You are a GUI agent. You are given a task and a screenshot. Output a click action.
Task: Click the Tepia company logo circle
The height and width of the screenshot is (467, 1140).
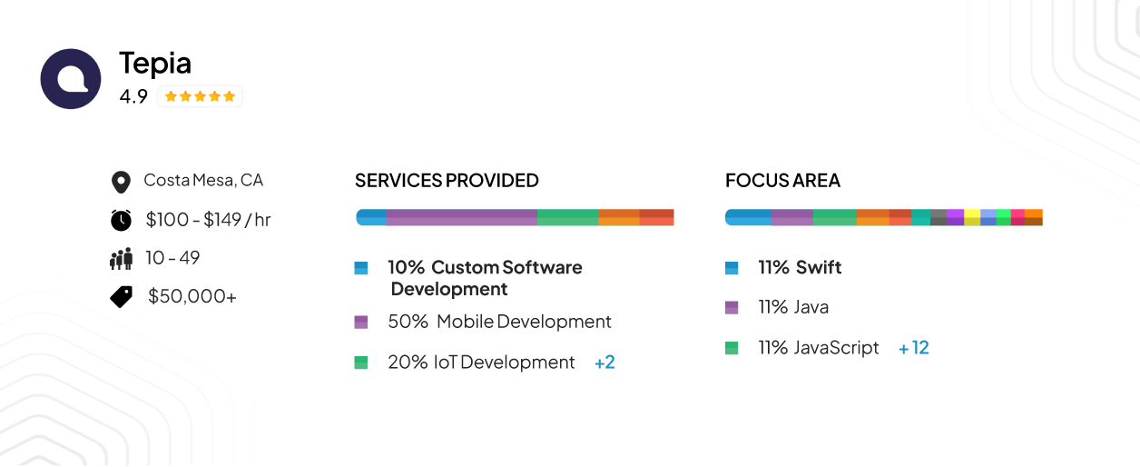71,79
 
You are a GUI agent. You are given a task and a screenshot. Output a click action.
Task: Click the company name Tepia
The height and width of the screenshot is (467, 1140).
155,63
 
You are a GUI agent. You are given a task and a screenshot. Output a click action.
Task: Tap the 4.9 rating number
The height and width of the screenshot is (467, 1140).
133,96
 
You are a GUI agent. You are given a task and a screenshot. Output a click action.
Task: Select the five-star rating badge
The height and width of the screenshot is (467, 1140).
200,96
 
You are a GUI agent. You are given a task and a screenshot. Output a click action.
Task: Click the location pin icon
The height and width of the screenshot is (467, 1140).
120,182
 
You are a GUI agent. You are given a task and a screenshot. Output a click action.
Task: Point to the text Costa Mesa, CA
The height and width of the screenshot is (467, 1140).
203,180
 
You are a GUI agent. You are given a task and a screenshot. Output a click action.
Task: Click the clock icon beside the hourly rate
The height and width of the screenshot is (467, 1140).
121,220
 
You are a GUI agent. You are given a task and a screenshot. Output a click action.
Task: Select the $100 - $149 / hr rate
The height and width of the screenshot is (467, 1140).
208,219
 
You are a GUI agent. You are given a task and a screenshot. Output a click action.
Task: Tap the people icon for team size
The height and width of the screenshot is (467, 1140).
121,259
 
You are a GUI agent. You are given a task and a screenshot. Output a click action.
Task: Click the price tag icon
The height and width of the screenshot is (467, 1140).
122,296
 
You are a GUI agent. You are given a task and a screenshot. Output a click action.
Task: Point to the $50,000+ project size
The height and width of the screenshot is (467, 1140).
192,296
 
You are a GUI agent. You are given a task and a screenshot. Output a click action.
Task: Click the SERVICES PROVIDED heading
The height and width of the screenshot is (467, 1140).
447,181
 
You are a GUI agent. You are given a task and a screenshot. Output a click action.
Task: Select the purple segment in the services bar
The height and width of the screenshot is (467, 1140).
461,217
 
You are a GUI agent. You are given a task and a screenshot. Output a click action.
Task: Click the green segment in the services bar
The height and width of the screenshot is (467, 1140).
567,217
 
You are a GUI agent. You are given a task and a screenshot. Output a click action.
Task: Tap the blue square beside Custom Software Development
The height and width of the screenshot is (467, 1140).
361,268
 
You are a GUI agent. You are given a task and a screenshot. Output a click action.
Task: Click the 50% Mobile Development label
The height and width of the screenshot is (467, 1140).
499,322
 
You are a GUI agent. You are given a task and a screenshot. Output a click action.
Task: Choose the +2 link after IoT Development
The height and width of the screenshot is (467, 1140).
604,363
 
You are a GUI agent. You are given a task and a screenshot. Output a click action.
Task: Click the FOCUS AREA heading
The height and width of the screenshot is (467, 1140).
782,181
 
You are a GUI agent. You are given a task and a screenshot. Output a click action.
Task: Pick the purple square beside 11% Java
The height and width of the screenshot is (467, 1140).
732,307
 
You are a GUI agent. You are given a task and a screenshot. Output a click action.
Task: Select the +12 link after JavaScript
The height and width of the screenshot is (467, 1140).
913,348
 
